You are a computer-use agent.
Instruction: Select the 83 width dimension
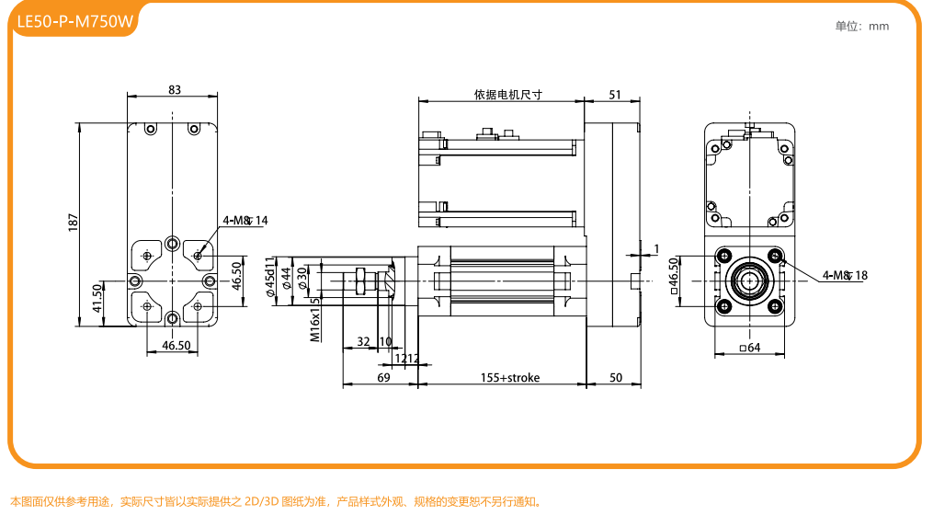tap(175, 89)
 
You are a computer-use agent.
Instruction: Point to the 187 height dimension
tap(74, 222)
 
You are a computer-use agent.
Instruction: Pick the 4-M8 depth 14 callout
tap(245, 220)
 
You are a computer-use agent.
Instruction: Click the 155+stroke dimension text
tap(510, 377)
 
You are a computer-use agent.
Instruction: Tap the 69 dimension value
tap(383, 377)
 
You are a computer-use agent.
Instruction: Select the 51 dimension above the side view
tap(615, 94)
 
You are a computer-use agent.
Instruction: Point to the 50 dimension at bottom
tap(616, 377)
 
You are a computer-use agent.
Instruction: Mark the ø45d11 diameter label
tap(270, 277)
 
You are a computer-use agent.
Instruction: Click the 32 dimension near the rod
tap(363, 341)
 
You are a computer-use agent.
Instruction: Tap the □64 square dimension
tap(750, 348)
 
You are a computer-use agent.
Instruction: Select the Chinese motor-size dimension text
tap(508, 94)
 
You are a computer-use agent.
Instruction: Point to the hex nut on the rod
tap(361, 280)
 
